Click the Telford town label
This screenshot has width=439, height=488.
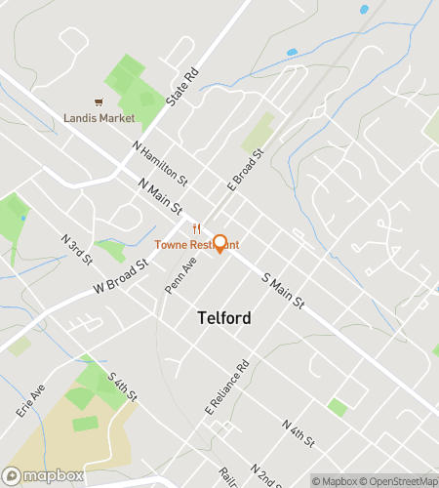223,317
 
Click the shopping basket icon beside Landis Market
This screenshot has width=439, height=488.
98,102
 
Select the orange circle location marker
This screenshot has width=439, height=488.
220,243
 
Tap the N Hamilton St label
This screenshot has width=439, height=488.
160,161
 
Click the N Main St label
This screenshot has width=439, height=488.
161,197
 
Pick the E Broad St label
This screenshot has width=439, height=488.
246,170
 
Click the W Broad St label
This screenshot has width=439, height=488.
120,276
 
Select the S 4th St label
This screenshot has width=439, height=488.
123,389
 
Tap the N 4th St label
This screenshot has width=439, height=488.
298,435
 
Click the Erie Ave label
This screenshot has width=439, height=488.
30,400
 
